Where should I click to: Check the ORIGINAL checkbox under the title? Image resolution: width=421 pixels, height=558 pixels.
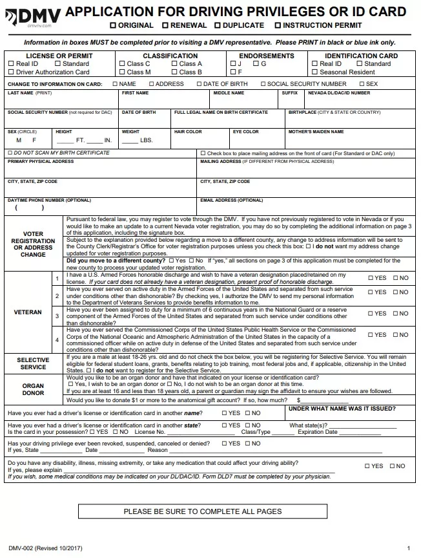tap(113, 25)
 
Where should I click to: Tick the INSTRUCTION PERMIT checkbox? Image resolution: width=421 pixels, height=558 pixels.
tap(278, 25)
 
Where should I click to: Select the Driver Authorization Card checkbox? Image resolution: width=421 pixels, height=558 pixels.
tap(11, 72)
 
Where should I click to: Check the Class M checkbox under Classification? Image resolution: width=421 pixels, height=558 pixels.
tap(122, 72)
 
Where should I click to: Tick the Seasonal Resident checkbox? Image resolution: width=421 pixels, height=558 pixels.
tap(314, 72)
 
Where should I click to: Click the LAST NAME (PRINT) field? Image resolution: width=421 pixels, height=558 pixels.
tap(61, 100)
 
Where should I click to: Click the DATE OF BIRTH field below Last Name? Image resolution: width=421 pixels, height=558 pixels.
tap(146, 120)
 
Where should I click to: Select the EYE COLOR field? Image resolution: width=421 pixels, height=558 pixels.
tap(258, 140)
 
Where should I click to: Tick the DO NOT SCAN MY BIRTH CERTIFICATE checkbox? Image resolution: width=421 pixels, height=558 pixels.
tap(9, 153)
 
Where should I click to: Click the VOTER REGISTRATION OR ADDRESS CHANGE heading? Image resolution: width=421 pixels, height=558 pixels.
tap(33, 244)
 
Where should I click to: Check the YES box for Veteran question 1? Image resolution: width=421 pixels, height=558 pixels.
tap(371, 278)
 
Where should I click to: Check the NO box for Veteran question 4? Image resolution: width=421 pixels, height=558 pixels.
tap(395, 335)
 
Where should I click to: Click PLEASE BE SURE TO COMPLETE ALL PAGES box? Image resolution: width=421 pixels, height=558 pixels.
tap(203, 511)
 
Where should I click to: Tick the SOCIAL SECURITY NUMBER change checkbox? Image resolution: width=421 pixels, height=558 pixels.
tap(263, 84)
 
